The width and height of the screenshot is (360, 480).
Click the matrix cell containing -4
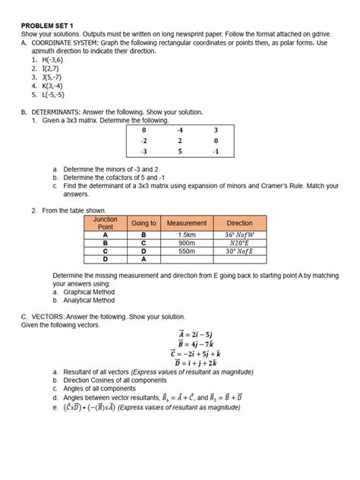coord(179,130)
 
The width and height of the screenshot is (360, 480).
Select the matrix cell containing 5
coord(179,150)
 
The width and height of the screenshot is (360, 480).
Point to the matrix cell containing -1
coord(216,150)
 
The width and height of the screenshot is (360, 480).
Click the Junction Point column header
coord(106,223)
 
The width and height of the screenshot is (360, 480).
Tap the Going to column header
coord(144,223)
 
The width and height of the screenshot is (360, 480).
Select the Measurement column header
coord(187,223)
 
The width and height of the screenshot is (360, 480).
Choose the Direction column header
coord(240,223)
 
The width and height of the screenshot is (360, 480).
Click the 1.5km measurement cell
coord(187,235)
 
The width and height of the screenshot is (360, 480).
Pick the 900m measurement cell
coord(187,242)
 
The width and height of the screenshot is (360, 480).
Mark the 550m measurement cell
coord(187,251)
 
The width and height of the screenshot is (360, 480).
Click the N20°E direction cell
coord(240,242)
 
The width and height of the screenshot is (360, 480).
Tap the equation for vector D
coord(199,363)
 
